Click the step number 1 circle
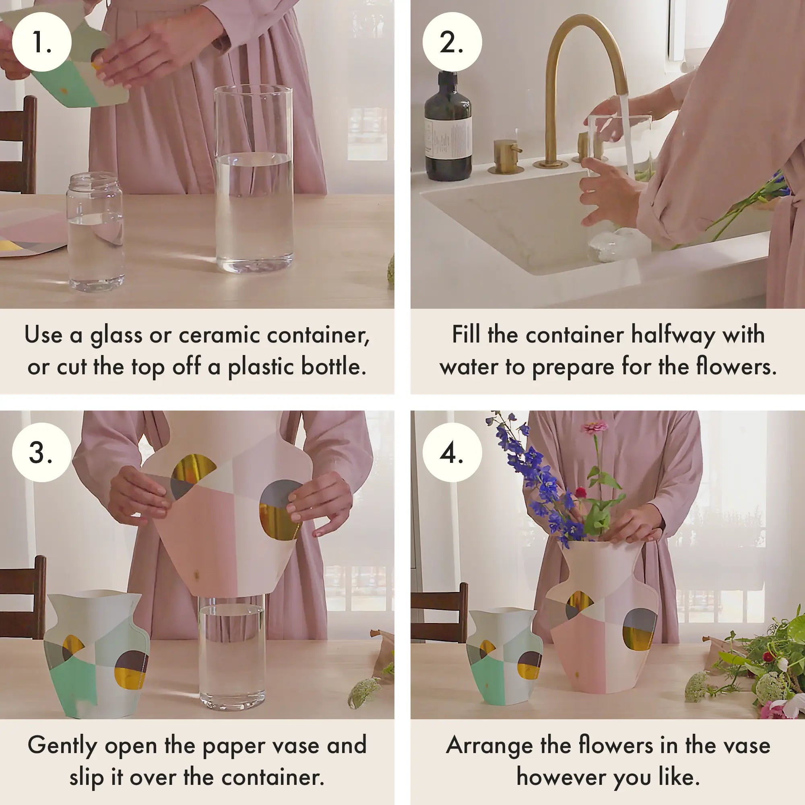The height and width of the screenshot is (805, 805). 42,42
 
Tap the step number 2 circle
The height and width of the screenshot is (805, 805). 452,42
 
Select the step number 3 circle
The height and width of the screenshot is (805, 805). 42,452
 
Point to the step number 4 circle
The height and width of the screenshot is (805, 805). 452,452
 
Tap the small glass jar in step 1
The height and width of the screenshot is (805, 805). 95,233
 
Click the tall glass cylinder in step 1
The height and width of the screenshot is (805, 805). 253,179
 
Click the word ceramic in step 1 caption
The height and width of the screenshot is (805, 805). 221,335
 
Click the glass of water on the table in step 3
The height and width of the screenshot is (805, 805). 232,654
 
